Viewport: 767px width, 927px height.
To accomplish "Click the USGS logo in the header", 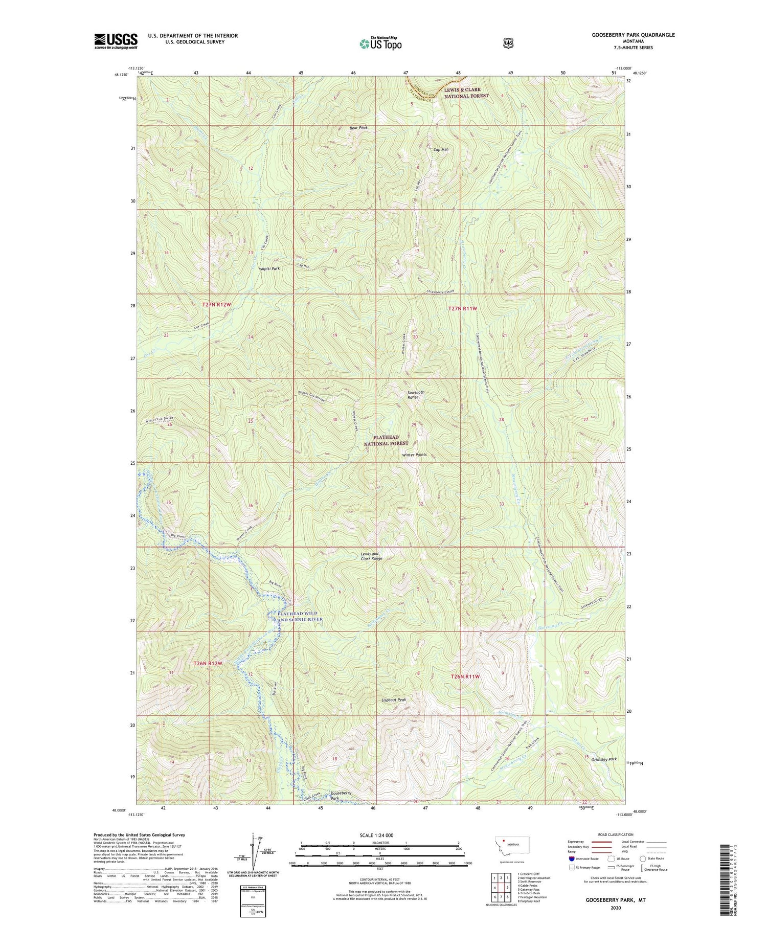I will pos(116,41).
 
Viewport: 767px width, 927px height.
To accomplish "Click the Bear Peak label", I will pos(358,128).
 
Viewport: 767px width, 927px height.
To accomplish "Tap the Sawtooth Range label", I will pos(416,395).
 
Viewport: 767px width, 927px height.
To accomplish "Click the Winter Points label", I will pos(414,455).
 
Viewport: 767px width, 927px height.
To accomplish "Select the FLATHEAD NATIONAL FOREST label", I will pos(386,440).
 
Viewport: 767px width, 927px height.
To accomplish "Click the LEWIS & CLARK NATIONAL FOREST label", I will pos(466,93).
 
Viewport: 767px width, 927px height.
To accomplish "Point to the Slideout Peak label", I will pos(394,700).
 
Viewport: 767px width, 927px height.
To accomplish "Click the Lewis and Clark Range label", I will pos(371,556).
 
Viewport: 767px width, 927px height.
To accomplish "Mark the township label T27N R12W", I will pos(216,304).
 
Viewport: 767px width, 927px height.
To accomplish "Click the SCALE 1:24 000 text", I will pos(380,835).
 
